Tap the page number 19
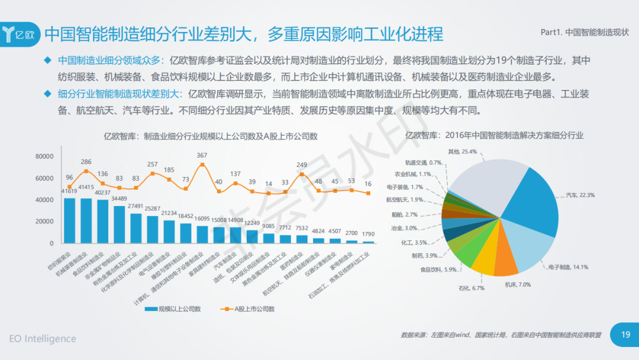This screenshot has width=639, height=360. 625,335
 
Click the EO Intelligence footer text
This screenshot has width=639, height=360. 43,339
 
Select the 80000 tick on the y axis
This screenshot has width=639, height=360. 44,156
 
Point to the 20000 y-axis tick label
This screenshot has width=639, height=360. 44,221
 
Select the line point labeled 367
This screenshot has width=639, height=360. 202,165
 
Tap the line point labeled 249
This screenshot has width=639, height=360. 302,174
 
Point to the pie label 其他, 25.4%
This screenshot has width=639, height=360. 462,152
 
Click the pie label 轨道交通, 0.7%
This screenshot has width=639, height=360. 423,162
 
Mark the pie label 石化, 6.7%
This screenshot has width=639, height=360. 471,288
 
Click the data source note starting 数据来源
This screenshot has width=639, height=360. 501,335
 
